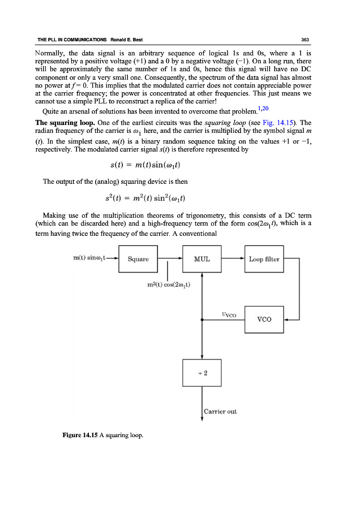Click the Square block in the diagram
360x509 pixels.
click(x=138, y=260)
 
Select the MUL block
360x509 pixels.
click(x=202, y=260)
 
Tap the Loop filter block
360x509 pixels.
click(x=264, y=260)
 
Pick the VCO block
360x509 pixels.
click(x=264, y=319)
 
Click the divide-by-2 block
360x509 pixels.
click(x=202, y=373)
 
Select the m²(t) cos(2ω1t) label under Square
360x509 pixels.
click(x=169, y=284)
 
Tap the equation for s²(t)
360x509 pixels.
click(x=147, y=198)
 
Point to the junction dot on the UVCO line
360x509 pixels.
click(x=202, y=320)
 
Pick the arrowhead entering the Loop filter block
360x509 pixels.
click(x=242, y=260)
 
